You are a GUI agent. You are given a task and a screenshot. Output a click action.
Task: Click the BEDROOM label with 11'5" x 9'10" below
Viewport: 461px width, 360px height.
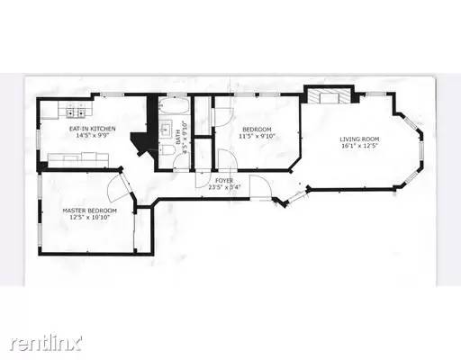257,130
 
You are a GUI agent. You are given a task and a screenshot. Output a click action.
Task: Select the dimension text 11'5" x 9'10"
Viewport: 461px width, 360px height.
257,137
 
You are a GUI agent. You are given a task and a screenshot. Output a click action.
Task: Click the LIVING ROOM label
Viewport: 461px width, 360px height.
357,139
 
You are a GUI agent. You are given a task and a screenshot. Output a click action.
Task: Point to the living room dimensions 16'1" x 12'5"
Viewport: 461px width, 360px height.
357,146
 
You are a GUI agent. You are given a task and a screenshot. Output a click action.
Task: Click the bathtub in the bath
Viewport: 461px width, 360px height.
175,109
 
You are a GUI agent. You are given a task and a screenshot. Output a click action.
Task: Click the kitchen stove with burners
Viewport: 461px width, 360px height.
74,113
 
